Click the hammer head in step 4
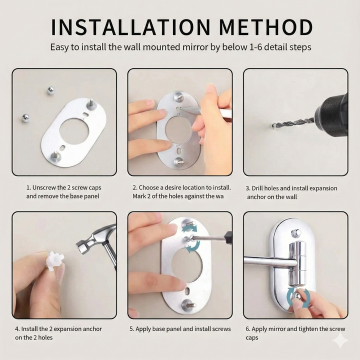93,240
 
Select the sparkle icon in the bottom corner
340,341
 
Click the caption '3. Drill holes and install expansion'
291,188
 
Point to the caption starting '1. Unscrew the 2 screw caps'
63,187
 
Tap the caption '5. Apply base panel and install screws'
180,329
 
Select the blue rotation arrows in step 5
190,237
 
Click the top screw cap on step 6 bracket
296,232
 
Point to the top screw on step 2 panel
179,96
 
